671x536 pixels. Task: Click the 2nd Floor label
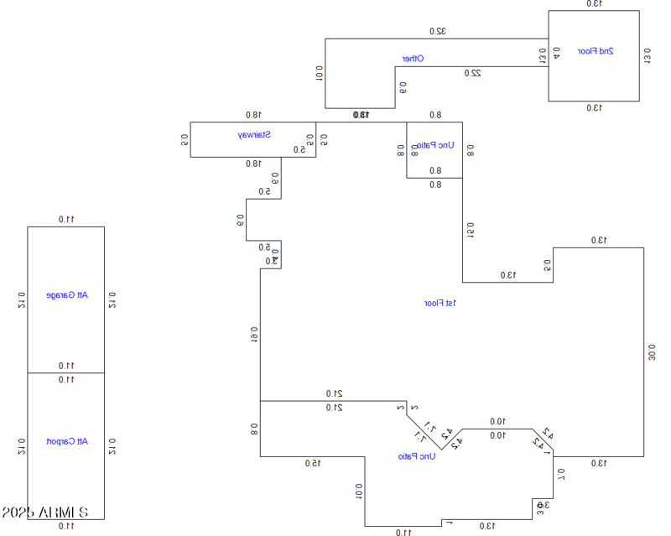596,51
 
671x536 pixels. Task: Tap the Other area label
413,59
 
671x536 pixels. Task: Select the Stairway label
252,134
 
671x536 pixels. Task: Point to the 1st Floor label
440,303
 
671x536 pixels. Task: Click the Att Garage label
66,295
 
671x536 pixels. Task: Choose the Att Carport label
66,441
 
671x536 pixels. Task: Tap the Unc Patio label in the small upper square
434,145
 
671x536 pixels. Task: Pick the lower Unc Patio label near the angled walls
417,456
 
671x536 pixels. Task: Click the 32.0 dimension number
438,31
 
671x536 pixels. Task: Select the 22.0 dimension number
473,73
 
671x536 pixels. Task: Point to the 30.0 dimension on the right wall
653,351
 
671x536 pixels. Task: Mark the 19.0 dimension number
253,335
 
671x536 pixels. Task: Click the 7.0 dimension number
561,476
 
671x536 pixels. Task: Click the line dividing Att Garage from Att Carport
66,372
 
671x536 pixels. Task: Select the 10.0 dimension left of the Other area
319,73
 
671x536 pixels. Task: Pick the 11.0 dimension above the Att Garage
66,220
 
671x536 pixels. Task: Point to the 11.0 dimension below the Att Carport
66,526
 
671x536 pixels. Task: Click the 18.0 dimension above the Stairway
253,115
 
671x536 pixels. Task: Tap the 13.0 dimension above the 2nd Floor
594,4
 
